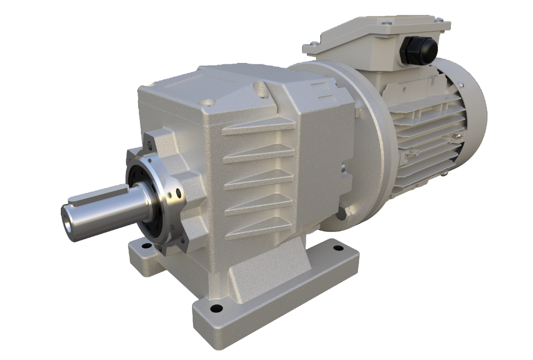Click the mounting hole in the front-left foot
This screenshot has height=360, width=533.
pos(145,246)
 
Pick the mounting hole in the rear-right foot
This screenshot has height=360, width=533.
pos(337,247)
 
